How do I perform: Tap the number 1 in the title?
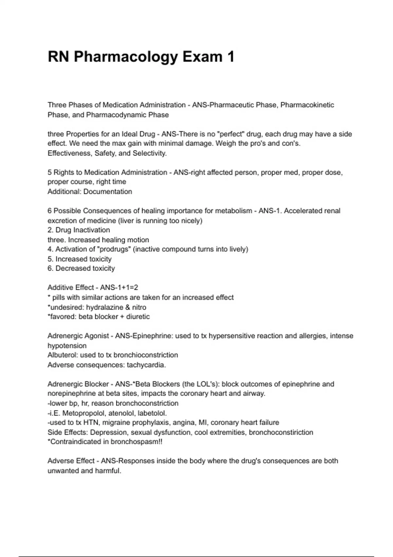231,56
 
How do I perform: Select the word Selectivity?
150,153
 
